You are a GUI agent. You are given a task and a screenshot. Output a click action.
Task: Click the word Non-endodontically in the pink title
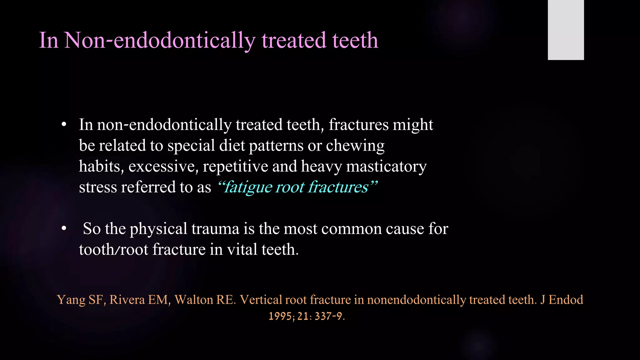point(159,41)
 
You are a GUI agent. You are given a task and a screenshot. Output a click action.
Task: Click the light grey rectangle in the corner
point(566,30)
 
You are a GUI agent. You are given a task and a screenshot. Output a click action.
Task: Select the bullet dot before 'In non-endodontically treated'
point(64,125)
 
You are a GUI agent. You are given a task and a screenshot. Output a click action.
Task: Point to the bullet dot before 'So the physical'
point(64,229)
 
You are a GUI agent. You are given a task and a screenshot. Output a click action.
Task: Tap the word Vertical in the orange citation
point(261,300)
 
